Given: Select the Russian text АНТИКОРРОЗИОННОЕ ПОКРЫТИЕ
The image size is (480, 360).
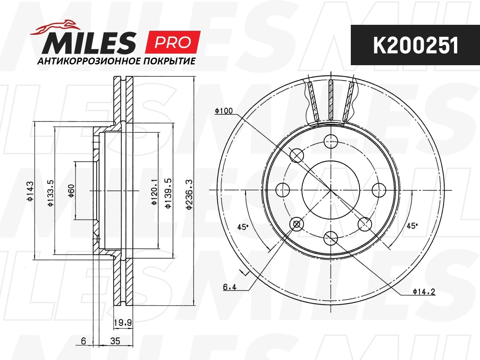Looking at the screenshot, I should (116, 61).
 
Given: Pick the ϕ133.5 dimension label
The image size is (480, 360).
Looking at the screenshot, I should (50, 192).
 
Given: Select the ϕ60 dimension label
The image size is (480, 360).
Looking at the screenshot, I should (71, 192).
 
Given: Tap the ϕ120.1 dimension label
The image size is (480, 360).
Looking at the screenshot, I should (154, 192).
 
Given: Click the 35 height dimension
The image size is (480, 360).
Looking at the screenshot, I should (116, 341).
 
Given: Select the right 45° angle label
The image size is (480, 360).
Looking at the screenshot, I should (412, 226).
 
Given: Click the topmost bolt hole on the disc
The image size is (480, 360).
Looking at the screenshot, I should (330, 140).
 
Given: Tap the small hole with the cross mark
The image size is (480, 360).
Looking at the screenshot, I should (296, 224).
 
